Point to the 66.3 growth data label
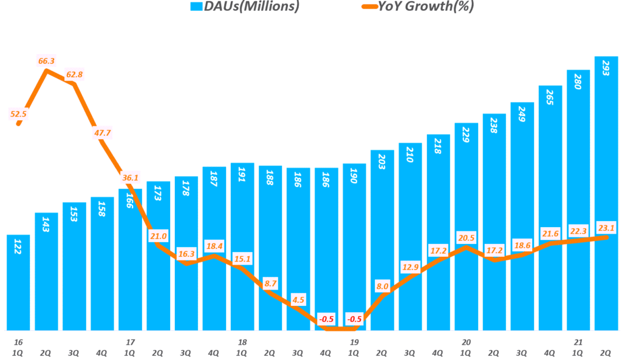[47, 62]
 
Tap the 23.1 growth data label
[606, 226]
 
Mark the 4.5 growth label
[298, 298]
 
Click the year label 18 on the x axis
[242, 342]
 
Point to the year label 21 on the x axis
[578, 342]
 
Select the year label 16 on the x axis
[18, 342]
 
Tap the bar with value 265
[550, 206]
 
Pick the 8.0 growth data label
[383, 286]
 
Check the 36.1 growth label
[131, 178]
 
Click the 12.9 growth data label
[411, 267]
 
